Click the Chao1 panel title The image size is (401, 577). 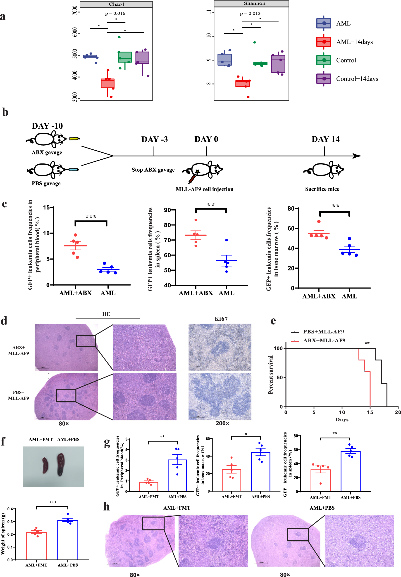[116, 4]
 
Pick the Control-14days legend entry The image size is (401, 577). [357, 79]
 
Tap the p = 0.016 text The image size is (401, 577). [115, 13]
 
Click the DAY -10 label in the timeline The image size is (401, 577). [47, 126]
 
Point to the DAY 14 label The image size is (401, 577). [325, 139]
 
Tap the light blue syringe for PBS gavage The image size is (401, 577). [73, 170]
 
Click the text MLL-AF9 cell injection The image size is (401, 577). [204, 189]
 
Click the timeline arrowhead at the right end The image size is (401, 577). [357, 156]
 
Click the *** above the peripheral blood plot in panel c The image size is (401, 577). [91, 216]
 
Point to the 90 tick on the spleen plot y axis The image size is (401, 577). [168, 210]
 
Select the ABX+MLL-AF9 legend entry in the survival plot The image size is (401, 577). [324, 340]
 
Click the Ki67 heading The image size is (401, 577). [221, 319]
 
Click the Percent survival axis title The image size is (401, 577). [271, 374]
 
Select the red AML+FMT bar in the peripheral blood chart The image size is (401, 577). [148, 486]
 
